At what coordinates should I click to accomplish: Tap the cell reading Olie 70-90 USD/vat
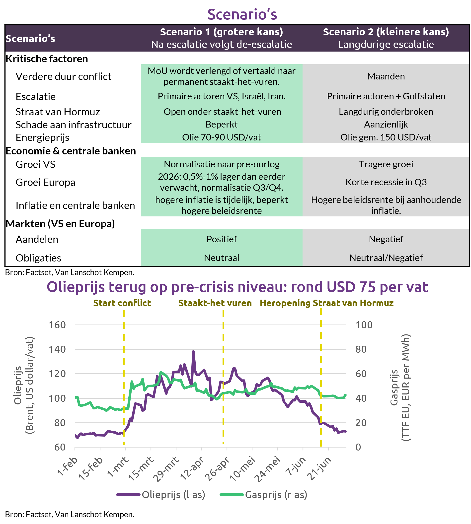click(x=222, y=137)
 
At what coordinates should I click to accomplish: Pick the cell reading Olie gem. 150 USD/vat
click(x=386, y=137)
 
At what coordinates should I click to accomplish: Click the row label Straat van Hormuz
click(x=58, y=112)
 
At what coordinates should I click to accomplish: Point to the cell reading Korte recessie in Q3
click(x=386, y=182)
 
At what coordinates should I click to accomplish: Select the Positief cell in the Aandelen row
click(x=222, y=239)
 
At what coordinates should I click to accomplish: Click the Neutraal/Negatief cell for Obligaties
click(x=386, y=258)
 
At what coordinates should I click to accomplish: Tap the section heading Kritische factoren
click(x=47, y=59)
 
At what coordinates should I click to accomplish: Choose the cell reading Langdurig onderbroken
click(x=386, y=112)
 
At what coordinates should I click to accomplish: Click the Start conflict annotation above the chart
click(x=122, y=303)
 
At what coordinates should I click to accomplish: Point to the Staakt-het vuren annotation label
click(x=215, y=303)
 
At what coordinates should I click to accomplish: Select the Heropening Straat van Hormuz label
click(x=327, y=303)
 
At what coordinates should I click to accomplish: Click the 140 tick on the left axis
click(x=57, y=349)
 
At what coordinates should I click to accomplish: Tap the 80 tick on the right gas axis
click(x=361, y=349)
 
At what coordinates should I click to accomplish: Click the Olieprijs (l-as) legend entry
click(x=161, y=495)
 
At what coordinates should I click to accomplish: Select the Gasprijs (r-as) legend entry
click(x=263, y=495)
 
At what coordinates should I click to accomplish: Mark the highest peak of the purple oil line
click(x=193, y=351)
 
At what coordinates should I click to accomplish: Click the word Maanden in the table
click(x=386, y=76)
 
